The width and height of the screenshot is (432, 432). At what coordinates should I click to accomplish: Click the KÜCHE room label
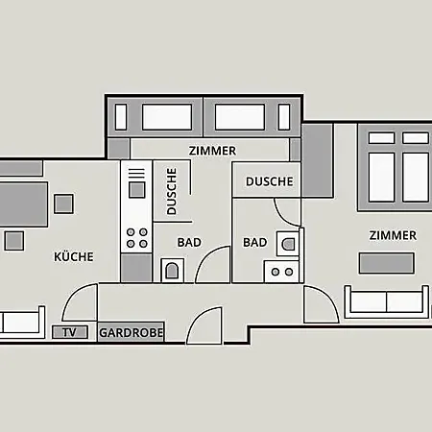(74, 256)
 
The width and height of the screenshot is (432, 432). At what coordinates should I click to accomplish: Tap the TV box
(70, 332)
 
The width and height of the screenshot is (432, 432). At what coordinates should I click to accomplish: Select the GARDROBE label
(132, 333)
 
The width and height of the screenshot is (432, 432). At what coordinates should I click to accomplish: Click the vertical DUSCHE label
(172, 191)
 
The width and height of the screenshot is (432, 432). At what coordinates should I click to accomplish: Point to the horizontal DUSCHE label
(269, 181)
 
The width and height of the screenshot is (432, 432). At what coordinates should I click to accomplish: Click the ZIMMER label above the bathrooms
(212, 151)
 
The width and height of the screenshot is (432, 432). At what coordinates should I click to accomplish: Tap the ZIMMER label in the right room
(393, 235)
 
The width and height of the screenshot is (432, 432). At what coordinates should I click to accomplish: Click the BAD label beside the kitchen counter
(189, 243)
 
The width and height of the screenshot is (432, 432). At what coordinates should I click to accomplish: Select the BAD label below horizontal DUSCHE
(255, 243)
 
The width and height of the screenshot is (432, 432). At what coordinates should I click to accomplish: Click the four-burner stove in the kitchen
(136, 238)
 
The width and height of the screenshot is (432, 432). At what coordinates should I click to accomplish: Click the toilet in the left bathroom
(172, 271)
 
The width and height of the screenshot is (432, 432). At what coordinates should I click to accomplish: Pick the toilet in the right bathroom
(288, 244)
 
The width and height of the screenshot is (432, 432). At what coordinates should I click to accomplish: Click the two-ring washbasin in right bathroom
(281, 272)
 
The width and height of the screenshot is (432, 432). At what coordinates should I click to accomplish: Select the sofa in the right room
(387, 301)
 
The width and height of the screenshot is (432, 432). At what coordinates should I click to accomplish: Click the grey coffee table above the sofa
(387, 263)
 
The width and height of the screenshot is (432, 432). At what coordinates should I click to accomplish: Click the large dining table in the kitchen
(23, 204)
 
